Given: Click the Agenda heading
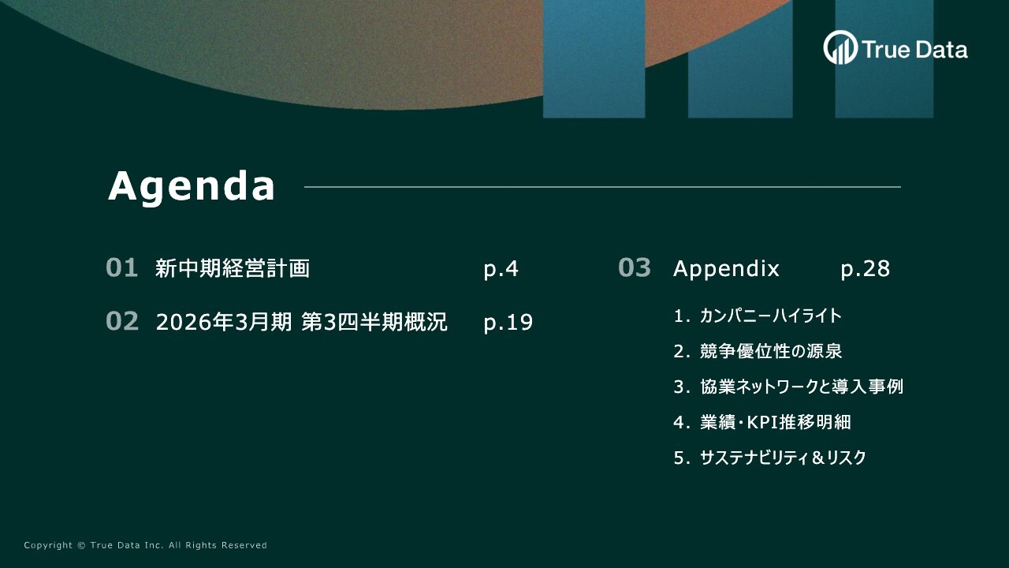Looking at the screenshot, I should tap(192, 186).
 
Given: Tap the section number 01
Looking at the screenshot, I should tap(122, 268).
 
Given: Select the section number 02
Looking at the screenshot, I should tap(122, 322).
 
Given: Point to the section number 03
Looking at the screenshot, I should tap(635, 268).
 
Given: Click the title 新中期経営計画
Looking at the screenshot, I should tap(233, 269).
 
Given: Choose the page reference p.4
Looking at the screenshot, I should tap(501, 269).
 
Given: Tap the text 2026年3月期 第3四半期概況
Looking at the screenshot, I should tap(302, 323).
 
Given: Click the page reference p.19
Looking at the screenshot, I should tap(508, 323).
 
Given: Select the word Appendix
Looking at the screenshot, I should tap(726, 269).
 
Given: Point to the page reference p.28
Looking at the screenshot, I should tap(865, 269).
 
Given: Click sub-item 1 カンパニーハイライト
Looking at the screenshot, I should tap(758, 316).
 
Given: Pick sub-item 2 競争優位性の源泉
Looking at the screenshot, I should tap(758, 352).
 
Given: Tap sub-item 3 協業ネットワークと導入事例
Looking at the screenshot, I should tap(788, 387).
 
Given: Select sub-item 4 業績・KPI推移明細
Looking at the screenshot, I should tap(762, 423).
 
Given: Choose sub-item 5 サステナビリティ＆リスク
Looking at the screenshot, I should tap(769, 458).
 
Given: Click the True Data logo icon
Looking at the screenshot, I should tap(840, 48).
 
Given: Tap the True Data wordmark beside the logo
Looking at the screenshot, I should tap(914, 50).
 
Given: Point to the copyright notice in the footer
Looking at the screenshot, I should tap(146, 545).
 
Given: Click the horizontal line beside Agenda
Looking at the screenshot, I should tap(602, 187).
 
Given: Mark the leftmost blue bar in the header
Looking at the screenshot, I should tap(594, 59).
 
